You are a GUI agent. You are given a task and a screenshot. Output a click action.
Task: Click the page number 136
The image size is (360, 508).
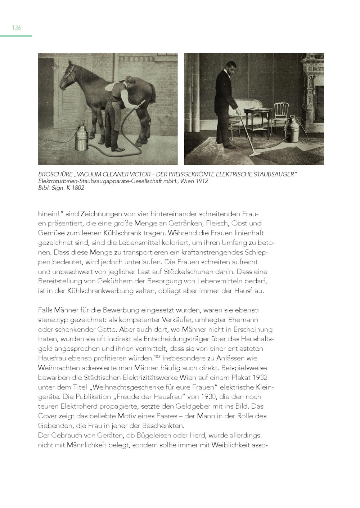click(x=17, y=28)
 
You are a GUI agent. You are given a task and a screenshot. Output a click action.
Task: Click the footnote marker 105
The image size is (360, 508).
click(x=157, y=357)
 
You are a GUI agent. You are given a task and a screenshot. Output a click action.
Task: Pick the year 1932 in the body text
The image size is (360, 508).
click(x=260, y=378)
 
